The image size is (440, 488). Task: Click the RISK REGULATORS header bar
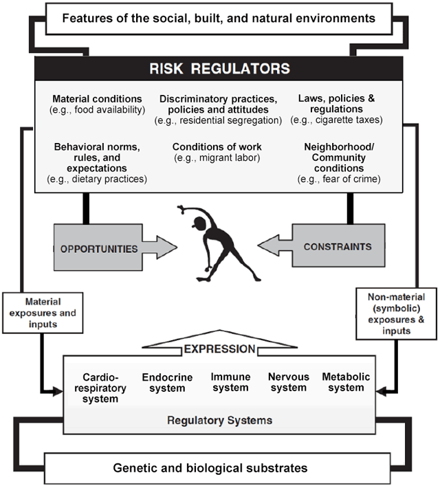click(x=219, y=68)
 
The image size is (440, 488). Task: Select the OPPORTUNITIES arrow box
click(x=103, y=248)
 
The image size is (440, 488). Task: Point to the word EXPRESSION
click(x=219, y=350)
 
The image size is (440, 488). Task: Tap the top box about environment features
click(x=219, y=18)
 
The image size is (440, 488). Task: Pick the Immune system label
click(x=229, y=383)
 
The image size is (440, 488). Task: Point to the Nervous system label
click(x=288, y=383)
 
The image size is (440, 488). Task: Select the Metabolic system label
click(x=346, y=382)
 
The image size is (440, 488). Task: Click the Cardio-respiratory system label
click(x=100, y=388)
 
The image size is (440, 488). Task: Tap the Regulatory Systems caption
click(x=219, y=420)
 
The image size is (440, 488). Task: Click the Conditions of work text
click(x=217, y=146)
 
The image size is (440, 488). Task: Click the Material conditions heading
click(x=97, y=98)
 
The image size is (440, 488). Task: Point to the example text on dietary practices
click(x=97, y=179)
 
